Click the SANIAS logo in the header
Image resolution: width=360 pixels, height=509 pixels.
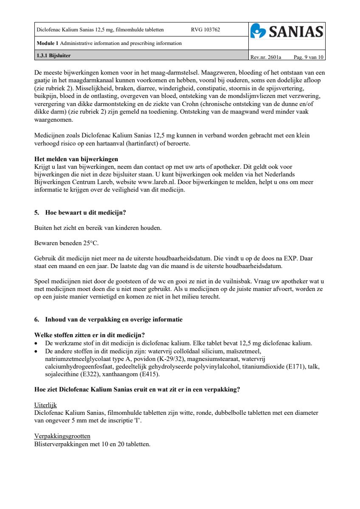(x=287, y=31)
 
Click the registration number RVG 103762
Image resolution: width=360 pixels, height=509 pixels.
(x=205, y=30)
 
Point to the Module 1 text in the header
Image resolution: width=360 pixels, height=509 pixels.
(x=48, y=43)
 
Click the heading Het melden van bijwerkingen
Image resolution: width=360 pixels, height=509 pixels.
(x=76, y=159)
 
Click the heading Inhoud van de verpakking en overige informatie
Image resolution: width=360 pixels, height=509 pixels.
(x=114, y=319)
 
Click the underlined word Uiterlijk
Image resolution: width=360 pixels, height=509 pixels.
(x=45, y=405)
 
